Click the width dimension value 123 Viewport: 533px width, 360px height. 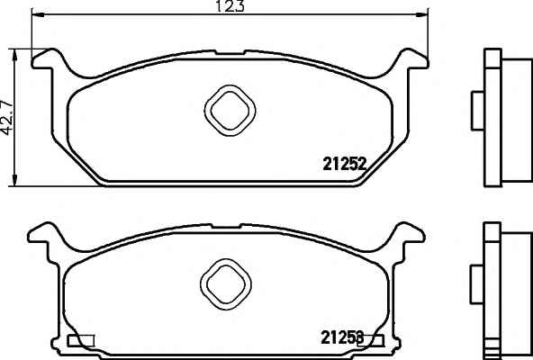click(x=230, y=5)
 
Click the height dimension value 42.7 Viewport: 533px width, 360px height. click(x=7, y=118)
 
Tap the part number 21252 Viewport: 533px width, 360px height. click(x=344, y=164)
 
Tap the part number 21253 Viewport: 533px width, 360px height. click(x=342, y=337)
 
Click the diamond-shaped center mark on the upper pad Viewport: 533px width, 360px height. click(x=230, y=111)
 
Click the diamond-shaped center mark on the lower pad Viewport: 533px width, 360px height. click(x=226, y=284)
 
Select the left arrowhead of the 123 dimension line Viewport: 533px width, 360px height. click(x=38, y=14)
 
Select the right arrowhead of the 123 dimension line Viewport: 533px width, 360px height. click(x=422, y=14)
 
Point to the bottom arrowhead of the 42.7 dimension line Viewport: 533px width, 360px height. click(x=14, y=180)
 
